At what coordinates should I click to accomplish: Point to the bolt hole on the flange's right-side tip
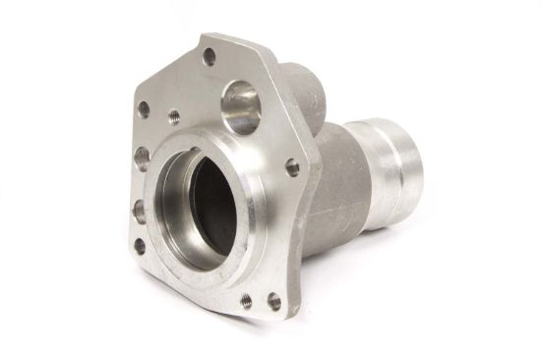[291, 167]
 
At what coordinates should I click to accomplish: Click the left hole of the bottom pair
[245, 298]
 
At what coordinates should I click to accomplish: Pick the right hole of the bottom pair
[273, 301]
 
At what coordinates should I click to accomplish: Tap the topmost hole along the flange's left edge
[144, 108]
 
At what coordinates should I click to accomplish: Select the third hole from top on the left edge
[140, 209]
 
